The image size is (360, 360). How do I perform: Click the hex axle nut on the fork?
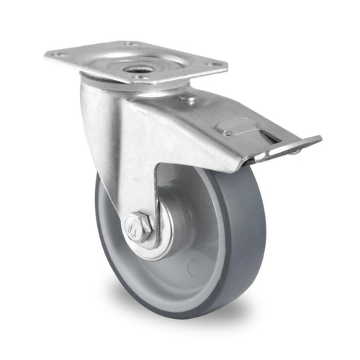pyautogui.click(x=138, y=228)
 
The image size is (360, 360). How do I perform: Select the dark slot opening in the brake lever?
pyautogui.click(x=268, y=138)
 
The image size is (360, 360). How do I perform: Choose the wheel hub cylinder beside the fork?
pyautogui.click(x=173, y=216)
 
